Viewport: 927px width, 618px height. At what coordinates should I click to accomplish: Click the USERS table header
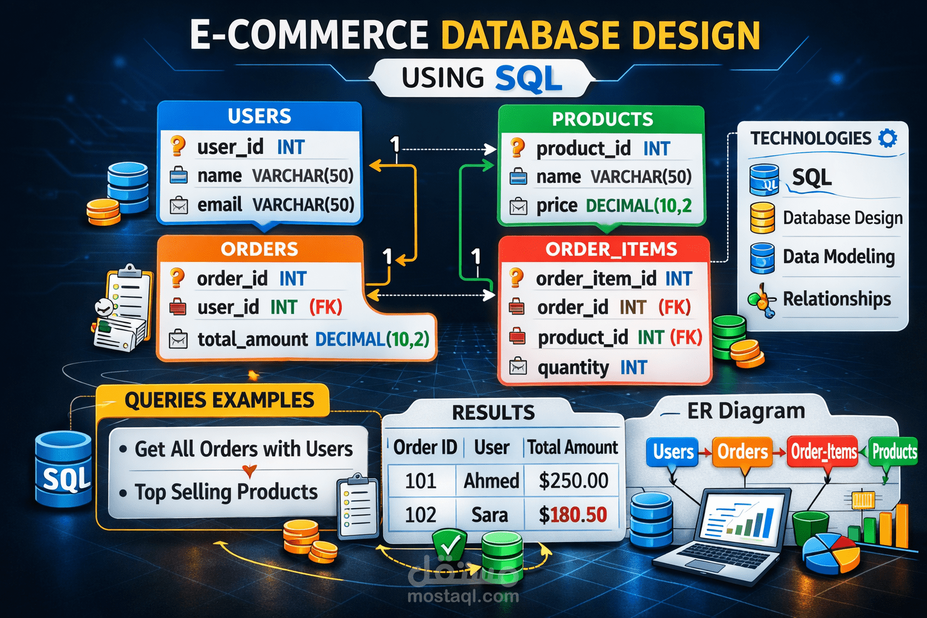point(260,116)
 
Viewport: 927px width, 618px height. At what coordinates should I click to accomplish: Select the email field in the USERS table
point(263,205)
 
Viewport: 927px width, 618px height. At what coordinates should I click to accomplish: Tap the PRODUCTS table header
point(602,119)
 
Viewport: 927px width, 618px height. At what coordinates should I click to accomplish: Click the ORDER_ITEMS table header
point(610,249)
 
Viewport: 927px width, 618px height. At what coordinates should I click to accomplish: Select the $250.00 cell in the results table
point(573,480)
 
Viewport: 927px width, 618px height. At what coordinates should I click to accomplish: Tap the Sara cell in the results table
point(489,515)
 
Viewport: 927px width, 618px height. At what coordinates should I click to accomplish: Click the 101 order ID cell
point(421,480)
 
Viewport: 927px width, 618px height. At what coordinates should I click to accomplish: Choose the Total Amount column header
point(572,447)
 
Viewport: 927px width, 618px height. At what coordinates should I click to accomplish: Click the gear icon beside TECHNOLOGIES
point(887,138)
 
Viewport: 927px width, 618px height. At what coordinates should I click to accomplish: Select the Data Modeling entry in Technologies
point(838,256)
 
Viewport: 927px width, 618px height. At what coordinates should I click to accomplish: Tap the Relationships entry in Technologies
point(836,299)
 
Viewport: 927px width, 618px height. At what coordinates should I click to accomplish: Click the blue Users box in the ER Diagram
point(673,451)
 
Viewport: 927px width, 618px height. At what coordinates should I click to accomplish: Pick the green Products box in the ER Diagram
point(894,451)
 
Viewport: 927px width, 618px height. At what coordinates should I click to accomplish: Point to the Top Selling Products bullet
point(226,492)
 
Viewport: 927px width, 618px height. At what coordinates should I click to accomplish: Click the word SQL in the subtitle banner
point(528,79)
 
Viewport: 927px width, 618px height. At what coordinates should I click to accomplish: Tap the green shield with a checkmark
point(449,544)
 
